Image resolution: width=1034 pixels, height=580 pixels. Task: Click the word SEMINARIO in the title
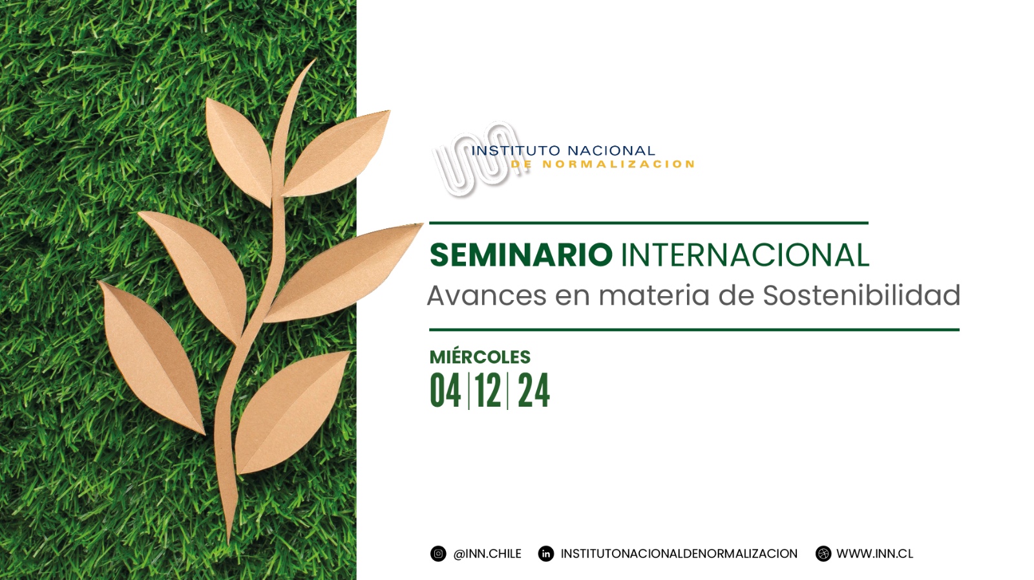pyautogui.click(x=521, y=255)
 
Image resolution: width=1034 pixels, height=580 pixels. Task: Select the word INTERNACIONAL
pyautogui.click(x=746, y=255)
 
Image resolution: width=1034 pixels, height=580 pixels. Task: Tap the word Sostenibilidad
pyautogui.click(x=861, y=295)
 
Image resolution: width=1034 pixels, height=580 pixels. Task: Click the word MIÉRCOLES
pyautogui.click(x=480, y=357)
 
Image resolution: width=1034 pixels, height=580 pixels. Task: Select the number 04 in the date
pyautogui.click(x=445, y=391)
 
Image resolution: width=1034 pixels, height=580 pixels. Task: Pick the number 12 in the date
pyautogui.click(x=488, y=391)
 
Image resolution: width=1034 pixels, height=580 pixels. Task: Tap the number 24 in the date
pyautogui.click(x=534, y=391)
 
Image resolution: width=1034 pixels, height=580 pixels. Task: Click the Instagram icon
pyautogui.click(x=438, y=553)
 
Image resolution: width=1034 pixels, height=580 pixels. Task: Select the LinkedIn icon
pyautogui.click(x=546, y=553)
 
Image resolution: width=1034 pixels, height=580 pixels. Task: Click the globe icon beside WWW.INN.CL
pyautogui.click(x=823, y=553)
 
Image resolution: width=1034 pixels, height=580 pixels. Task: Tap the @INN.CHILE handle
pyautogui.click(x=487, y=553)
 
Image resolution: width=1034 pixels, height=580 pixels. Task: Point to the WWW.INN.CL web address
pyautogui.click(x=875, y=553)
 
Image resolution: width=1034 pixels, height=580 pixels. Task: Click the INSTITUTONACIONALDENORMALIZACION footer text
pyautogui.click(x=679, y=553)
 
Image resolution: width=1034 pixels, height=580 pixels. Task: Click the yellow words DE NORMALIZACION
pyautogui.click(x=602, y=164)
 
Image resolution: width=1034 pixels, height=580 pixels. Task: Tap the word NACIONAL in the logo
pyautogui.click(x=611, y=151)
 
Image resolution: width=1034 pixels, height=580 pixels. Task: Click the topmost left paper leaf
pyautogui.click(x=238, y=150)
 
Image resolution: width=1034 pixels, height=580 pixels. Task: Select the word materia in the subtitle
pyautogui.click(x=654, y=295)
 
